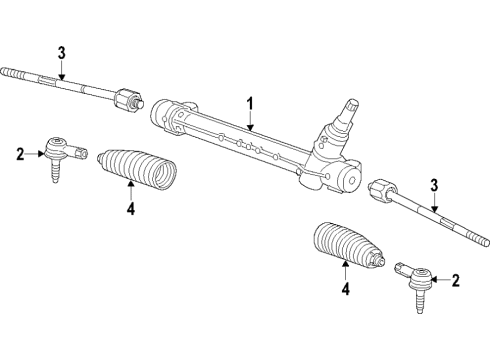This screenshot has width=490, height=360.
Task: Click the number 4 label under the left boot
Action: [129, 210]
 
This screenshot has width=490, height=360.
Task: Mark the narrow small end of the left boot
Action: [104, 155]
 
